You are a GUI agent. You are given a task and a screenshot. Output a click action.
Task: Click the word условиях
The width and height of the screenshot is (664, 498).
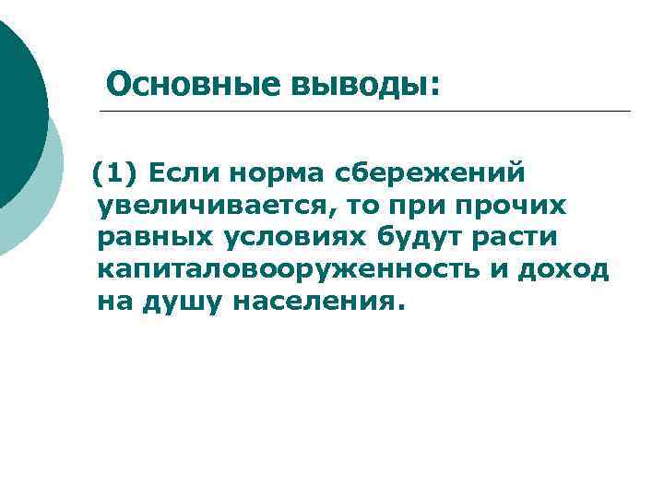[x=294, y=236]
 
